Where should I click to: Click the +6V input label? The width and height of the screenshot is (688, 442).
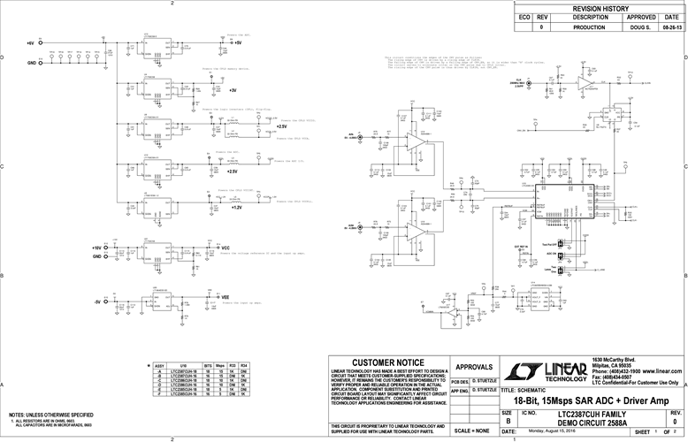coord(30,42)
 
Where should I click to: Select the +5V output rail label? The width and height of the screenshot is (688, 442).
coord(237,42)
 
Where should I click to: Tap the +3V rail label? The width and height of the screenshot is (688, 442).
coord(232,90)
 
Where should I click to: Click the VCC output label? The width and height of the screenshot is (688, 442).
coord(226,248)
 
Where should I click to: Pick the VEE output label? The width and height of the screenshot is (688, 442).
coord(226,298)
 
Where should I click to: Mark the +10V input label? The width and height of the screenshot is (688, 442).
coord(97,248)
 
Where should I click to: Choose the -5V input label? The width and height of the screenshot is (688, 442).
coord(97,301)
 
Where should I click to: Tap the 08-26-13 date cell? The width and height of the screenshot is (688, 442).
coord(671,27)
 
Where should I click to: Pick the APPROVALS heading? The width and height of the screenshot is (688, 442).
coord(473,366)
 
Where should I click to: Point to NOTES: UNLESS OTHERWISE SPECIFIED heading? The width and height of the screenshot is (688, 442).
coord(51,415)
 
